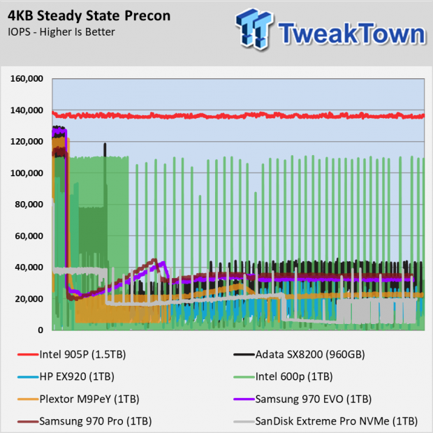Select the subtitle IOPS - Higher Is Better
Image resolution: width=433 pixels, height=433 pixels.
pos(61,31)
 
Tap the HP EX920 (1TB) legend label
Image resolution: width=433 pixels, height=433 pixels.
pos(76,376)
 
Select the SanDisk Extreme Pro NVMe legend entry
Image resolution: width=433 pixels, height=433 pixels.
pos(326,421)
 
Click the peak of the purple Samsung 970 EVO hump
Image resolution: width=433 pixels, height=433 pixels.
pos(163,263)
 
